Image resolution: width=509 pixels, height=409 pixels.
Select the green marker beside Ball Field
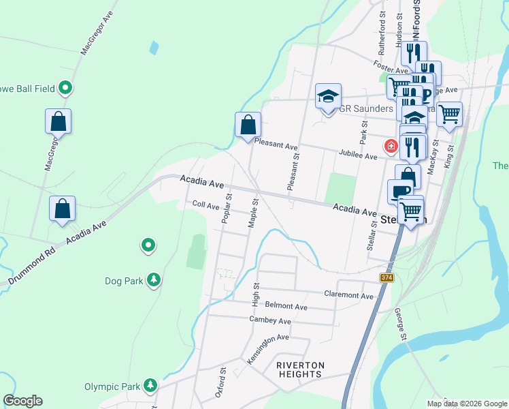[x=65, y=87]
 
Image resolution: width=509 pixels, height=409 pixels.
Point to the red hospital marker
[x=391, y=145]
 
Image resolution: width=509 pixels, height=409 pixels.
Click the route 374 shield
[x=387, y=276]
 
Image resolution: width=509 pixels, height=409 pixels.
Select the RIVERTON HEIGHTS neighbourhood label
[x=300, y=369]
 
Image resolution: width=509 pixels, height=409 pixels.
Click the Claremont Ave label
[x=348, y=297]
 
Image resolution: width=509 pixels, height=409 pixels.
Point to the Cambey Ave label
[x=270, y=320]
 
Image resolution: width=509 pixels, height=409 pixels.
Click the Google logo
[x=23, y=401]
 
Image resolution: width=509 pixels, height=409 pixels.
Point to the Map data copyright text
[x=466, y=403]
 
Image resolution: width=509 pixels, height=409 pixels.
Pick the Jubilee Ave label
[x=358, y=156]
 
